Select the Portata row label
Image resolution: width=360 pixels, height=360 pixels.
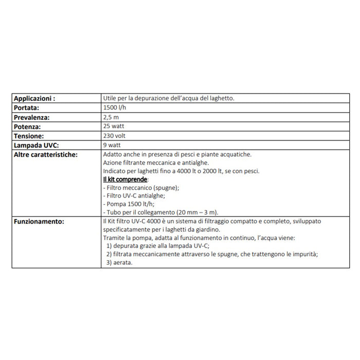(x=26, y=107)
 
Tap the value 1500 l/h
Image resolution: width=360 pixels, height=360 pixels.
(x=114, y=107)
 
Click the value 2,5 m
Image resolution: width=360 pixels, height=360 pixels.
(x=111, y=117)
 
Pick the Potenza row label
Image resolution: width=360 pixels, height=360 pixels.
(x=27, y=126)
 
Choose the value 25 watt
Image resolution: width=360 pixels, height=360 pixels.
(x=113, y=126)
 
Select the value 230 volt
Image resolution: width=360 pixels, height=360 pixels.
(x=114, y=135)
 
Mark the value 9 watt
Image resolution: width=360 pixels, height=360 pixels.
(x=111, y=145)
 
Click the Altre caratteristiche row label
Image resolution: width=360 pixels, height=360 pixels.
(x=46, y=154)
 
